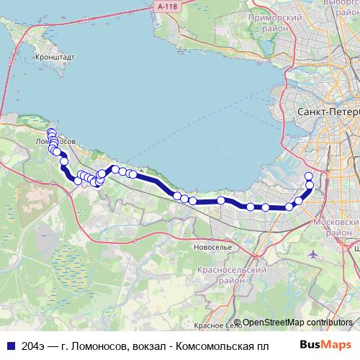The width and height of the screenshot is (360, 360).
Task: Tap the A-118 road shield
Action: [165, 6]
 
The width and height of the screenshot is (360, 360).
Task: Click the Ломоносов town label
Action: [53, 142]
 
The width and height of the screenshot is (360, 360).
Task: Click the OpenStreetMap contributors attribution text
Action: [297, 323]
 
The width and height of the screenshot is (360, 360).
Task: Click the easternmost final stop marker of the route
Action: [309, 176]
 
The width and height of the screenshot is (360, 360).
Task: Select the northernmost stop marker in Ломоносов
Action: [51, 132]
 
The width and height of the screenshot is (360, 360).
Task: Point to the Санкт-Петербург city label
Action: [328, 114]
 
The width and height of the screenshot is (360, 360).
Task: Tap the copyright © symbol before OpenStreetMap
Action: [236, 323]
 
